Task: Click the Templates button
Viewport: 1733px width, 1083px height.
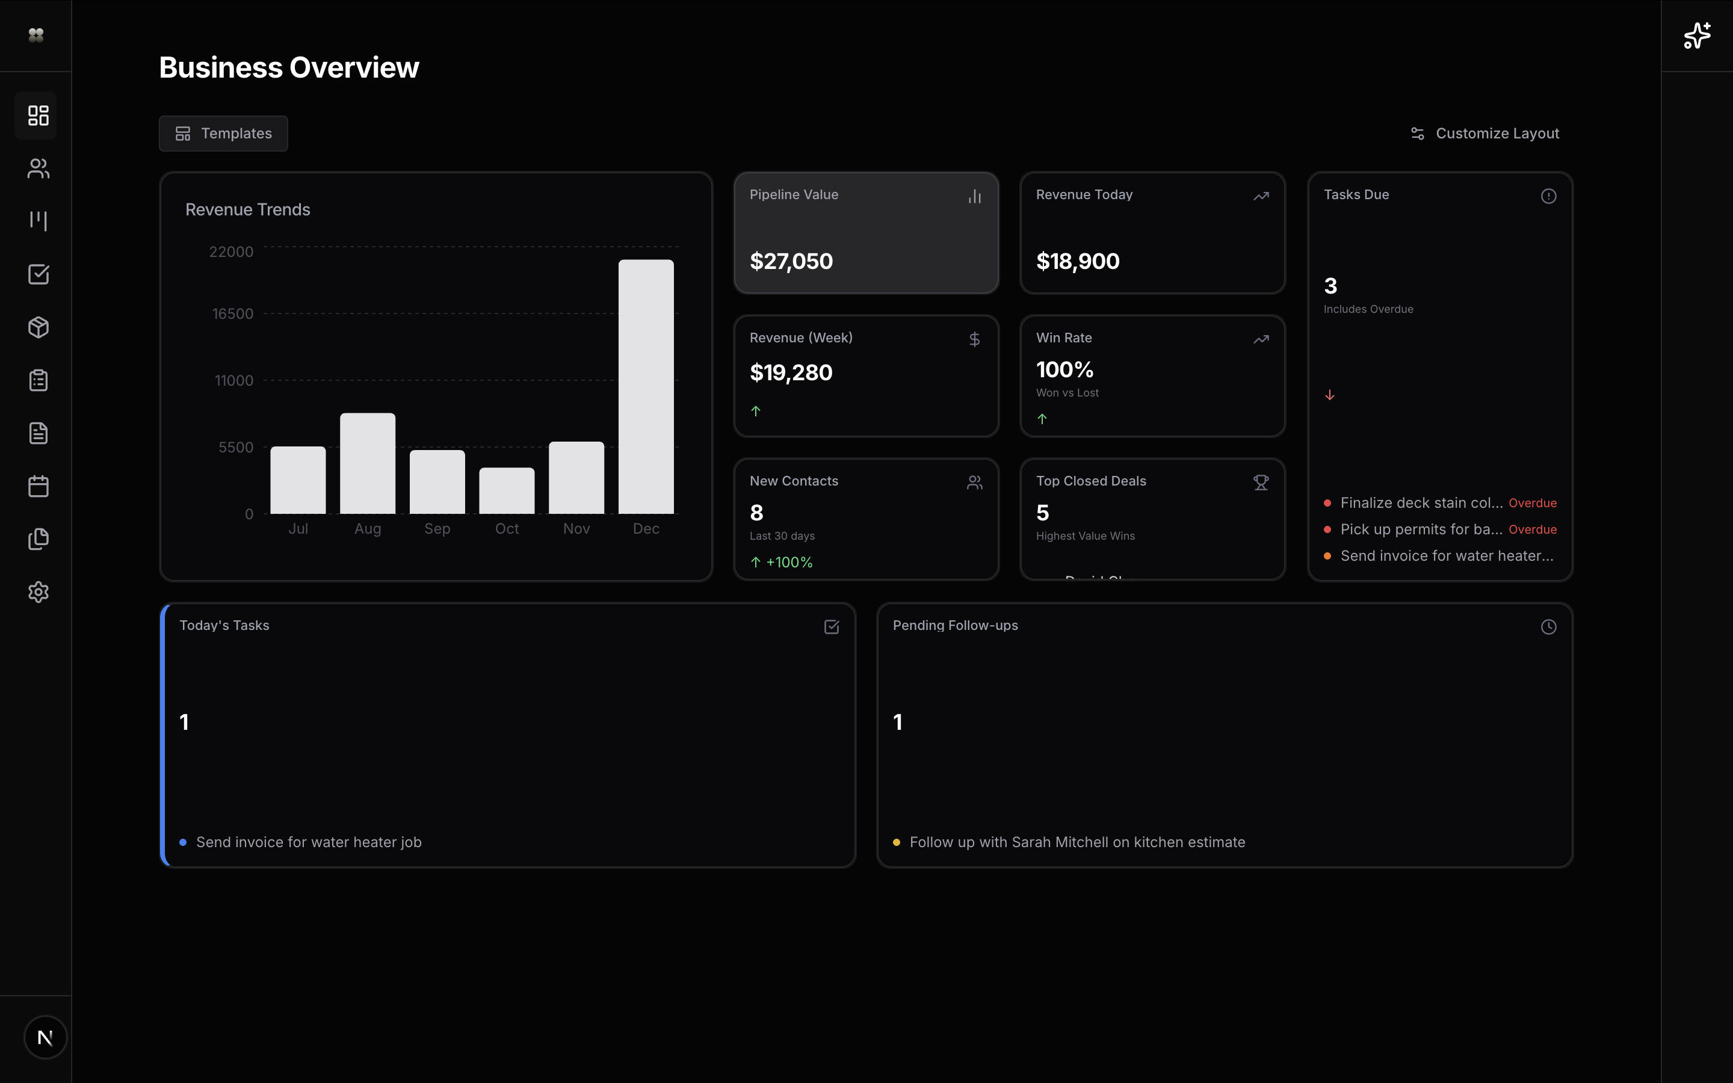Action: tap(223, 133)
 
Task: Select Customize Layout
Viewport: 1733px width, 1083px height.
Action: tap(1484, 133)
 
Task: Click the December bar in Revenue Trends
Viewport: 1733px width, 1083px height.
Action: tap(646, 387)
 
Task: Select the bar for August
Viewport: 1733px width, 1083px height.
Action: tap(368, 463)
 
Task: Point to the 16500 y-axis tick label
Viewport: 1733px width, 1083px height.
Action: tap(232, 313)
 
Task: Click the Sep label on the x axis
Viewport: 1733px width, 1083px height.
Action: tap(437, 529)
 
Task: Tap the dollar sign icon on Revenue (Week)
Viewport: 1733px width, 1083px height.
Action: tap(974, 339)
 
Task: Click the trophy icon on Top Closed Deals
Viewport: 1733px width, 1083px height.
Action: tap(1261, 483)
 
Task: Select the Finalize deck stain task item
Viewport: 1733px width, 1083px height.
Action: tap(1421, 503)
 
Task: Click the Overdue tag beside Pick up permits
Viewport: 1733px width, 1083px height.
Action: tap(1532, 529)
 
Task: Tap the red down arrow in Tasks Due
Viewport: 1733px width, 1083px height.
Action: tap(1329, 395)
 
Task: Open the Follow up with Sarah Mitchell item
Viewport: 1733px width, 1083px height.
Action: tap(1077, 842)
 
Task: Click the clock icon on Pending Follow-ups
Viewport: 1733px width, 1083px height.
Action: tap(1548, 627)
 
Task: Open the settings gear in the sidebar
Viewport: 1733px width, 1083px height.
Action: tap(39, 593)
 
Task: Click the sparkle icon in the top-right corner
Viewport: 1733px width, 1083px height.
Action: tap(1696, 35)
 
